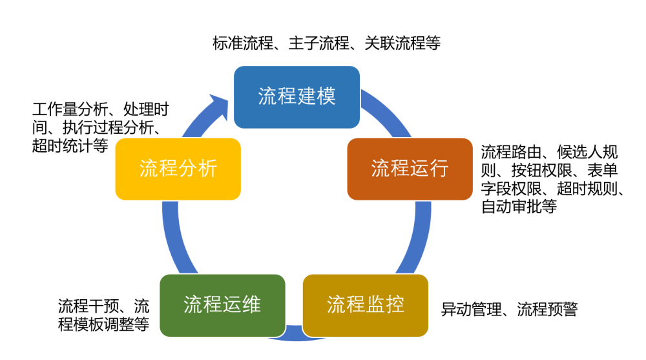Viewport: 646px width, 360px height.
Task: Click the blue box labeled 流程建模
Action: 297,97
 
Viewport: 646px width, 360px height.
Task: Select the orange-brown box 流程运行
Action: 410,169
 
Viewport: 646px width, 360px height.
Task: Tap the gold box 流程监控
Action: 366,306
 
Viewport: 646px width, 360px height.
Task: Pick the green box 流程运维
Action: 222,306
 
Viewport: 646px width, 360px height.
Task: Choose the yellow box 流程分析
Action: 178,169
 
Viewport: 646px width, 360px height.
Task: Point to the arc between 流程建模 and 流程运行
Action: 387,113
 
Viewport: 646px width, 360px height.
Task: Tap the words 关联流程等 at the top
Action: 402,43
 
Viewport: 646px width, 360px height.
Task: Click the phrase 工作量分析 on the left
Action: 70,109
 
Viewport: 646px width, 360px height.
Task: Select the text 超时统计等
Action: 70,145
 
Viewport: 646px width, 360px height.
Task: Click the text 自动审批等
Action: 519,206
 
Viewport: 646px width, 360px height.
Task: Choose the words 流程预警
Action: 548,309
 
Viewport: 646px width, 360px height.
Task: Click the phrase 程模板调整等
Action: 103,324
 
